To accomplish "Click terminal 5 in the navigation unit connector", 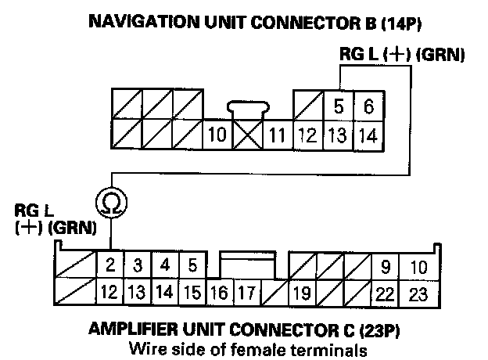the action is (339, 106).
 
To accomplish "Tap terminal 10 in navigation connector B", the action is (217, 135).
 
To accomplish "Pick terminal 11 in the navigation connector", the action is (275, 135).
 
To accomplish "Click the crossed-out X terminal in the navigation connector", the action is (246, 135).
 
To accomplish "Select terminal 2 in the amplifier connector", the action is (110, 265).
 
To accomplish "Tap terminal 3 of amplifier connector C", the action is (137, 265).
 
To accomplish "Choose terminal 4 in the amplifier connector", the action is (164, 265).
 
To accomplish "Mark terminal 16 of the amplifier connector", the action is (220, 294).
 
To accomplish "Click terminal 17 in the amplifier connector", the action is (247, 294).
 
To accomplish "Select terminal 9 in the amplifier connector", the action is (385, 266).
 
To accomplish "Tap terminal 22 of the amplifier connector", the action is (385, 294).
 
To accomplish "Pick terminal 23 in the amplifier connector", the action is (418, 294).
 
